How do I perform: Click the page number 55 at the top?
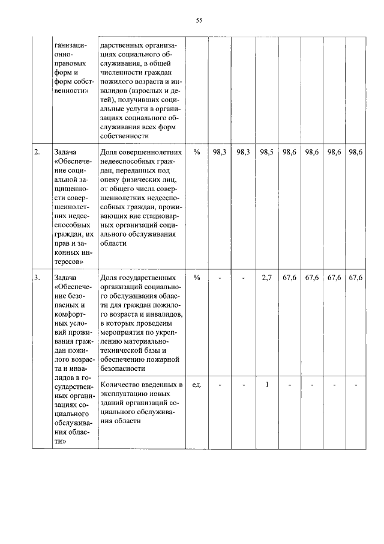click(x=199, y=20)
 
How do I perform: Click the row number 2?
click(x=37, y=153)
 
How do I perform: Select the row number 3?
click(x=37, y=278)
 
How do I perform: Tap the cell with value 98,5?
click(x=266, y=153)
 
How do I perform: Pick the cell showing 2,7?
click(x=266, y=278)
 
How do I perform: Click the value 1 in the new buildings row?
click(x=266, y=384)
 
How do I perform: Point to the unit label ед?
click(x=196, y=384)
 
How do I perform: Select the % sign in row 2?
click(x=196, y=153)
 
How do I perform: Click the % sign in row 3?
click(x=196, y=278)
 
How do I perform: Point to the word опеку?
click(x=112, y=182)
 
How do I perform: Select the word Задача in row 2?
click(x=65, y=153)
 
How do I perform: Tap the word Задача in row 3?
click(x=65, y=278)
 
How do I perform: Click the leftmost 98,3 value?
click(x=220, y=153)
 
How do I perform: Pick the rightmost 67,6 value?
click(x=356, y=278)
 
